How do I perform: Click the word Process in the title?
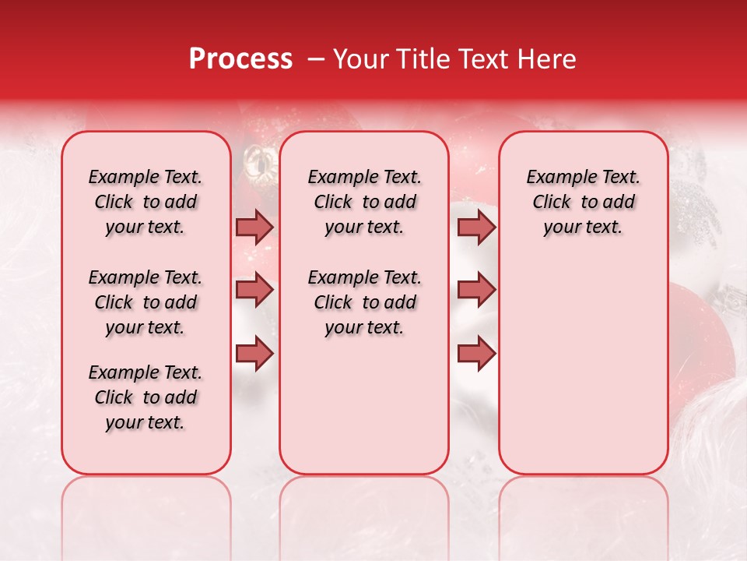click(240, 59)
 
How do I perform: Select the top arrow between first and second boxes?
click(254, 227)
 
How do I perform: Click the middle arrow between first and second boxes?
click(254, 290)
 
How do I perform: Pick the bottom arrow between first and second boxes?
click(254, 353)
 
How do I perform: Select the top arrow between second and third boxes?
click(476, 227)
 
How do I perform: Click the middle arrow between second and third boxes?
click(476, 290)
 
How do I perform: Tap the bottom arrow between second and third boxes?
click(476, 353)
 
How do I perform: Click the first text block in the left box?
click(146, 202)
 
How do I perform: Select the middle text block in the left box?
click(146, 302)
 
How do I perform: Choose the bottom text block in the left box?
click(146, 397)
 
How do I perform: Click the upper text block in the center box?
click(365, 202)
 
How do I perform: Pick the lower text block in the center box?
click(365, 302)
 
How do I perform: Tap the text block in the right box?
click(584, 202)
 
